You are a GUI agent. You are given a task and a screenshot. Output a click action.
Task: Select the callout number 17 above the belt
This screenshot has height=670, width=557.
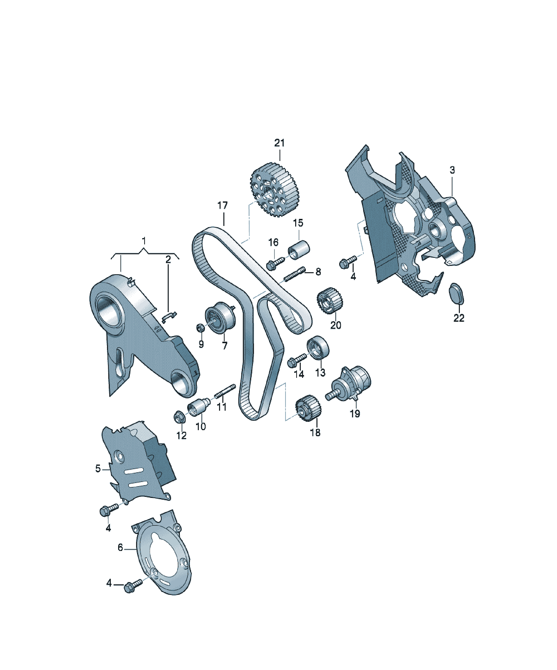[x=222, y=205]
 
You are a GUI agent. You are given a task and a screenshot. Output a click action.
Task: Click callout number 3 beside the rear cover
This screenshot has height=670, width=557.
[x=452, y=170]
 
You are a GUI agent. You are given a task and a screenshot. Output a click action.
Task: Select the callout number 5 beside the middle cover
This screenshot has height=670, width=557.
[x=98, y=469]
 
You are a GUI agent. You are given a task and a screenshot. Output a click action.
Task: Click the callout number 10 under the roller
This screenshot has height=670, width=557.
[x=201, y=427]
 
